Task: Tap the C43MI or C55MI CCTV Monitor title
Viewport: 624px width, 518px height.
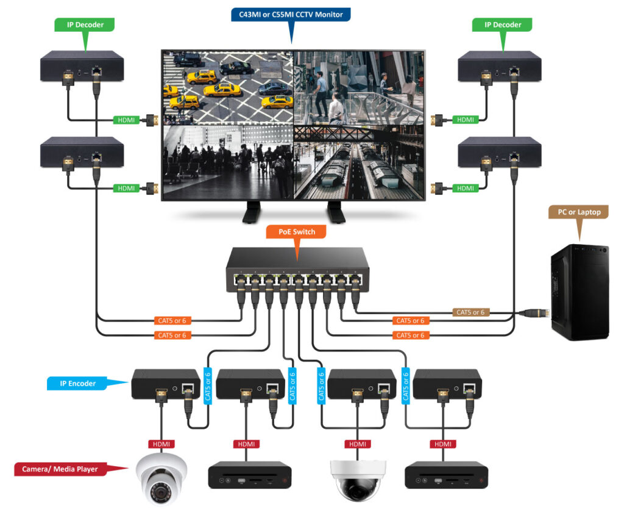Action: pyautogui.click(x=291, y=13)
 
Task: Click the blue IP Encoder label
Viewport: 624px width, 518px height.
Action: pyautogui.click(x=77, y=384)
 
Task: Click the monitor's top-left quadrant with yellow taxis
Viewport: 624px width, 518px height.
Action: pyautogui.click(x=227, y=85)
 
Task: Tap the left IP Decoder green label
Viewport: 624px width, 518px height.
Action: pyautogui.click(x=85, y=25)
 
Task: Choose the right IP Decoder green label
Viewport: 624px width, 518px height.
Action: pyautogui.click(x=503, y=25)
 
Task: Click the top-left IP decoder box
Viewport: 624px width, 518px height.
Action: pyautogui.click(x=82, y=67)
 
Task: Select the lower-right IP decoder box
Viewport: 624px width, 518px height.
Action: pyautogui.click(x=500, y=152)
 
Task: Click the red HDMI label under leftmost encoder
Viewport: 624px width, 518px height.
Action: pyautogui.click(x=161, y=444)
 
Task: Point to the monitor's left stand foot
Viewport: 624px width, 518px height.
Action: pyautogui.click(x=252, y=212)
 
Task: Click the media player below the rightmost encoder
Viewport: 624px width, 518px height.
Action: pyautogui.click(x=447, y=475)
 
